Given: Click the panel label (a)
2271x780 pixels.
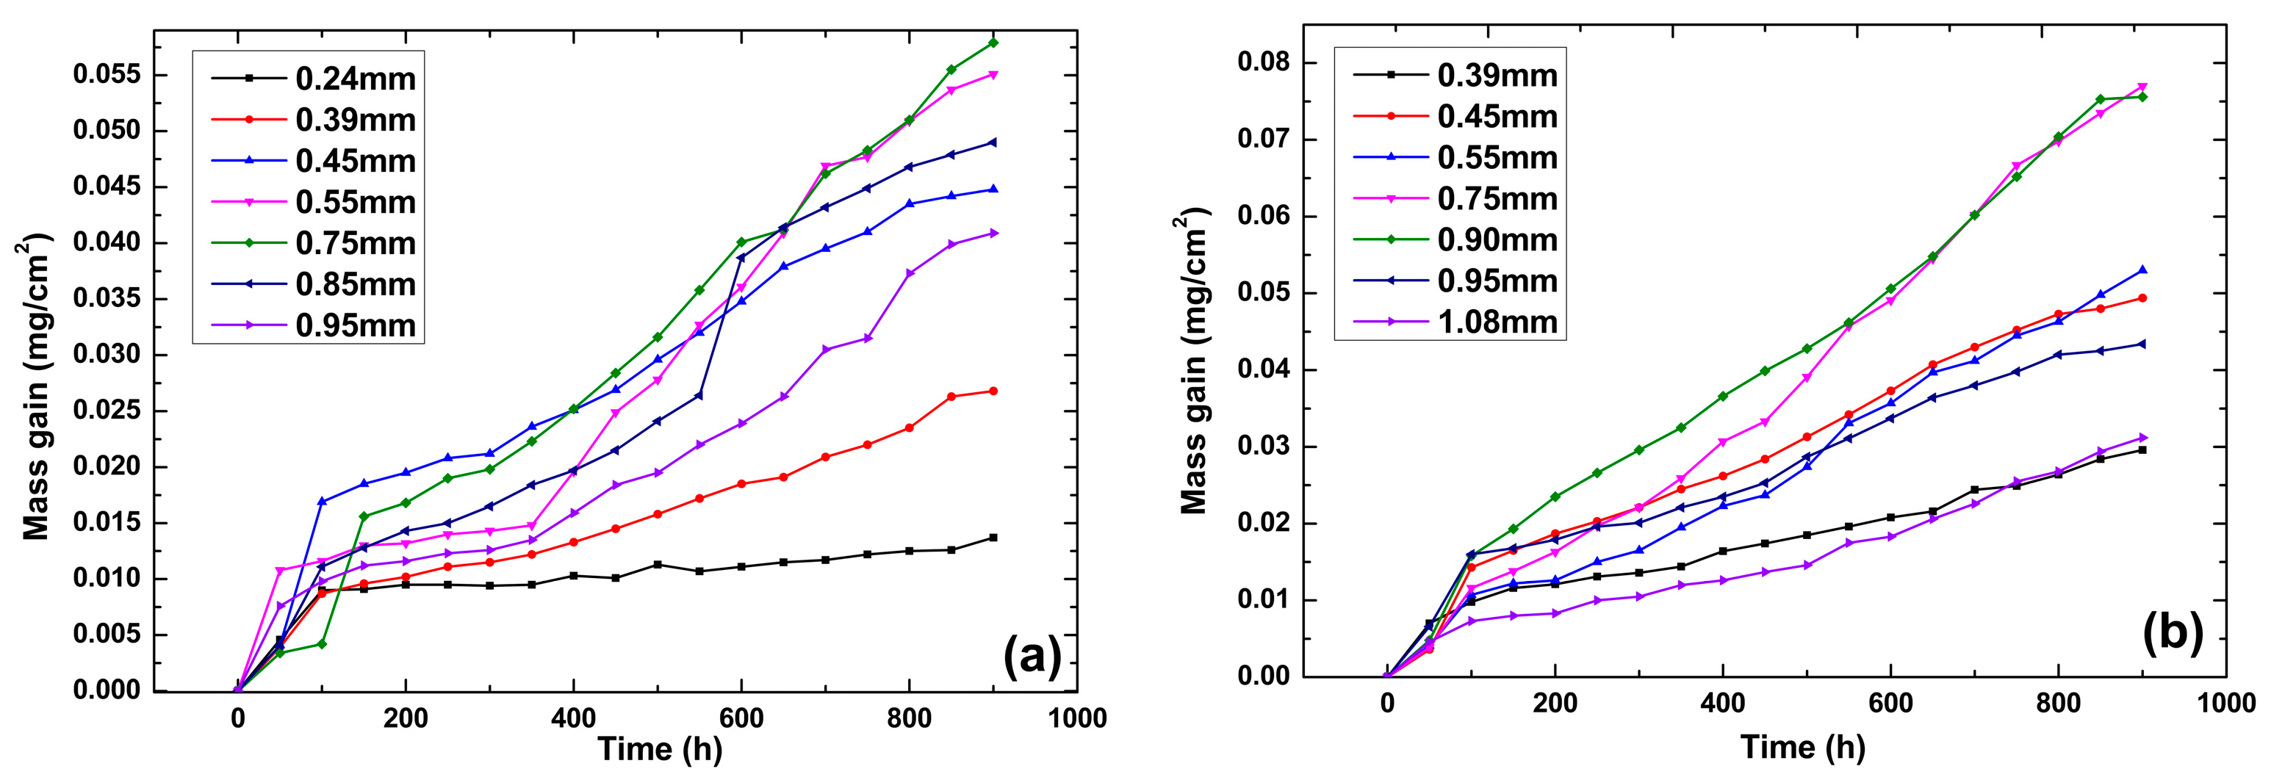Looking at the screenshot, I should click(1032, 657).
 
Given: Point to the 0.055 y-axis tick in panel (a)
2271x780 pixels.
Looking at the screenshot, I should click(107, 75).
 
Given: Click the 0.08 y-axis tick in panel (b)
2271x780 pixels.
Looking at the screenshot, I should click(1262, 62).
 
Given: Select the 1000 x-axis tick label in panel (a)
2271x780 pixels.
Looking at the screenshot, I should click(1076, 718).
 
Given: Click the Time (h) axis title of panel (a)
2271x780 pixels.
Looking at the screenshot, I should click(660, 749).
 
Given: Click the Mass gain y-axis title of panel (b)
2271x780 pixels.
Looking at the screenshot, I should click(1194, 361).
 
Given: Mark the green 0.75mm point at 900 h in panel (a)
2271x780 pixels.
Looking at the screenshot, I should click(993, 43).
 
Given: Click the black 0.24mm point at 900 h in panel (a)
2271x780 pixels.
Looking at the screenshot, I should click(993, 538).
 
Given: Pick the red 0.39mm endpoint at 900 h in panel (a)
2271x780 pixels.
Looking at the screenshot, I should click(993, 391).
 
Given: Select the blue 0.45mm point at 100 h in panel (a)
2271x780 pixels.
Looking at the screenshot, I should click(322, 502).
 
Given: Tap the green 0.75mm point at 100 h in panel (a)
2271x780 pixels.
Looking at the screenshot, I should click(322, 644).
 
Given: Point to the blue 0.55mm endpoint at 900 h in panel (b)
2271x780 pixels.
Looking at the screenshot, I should click(2143, 270).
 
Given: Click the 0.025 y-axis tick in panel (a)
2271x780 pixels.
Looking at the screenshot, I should click(107, 411).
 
